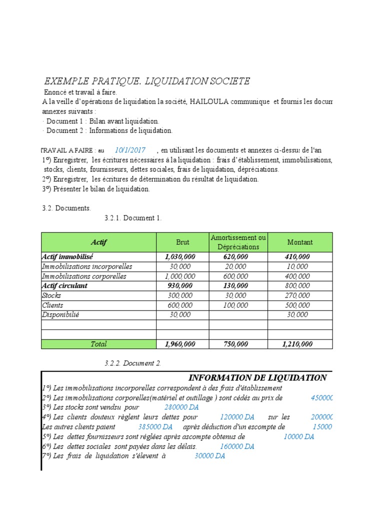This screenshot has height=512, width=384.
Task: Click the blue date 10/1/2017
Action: click(130, 150)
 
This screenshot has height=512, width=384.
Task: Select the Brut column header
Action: click(182, 242)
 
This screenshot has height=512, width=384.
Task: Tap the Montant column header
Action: click(300, 242)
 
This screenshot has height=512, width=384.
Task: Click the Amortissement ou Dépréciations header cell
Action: click(238, 242)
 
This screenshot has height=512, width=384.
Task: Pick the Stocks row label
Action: click(51, 295)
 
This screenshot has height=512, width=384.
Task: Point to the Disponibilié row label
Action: click(61, 315)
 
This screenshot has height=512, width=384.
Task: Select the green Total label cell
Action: click(98, 344)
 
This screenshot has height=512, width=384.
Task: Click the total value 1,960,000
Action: click(180, 344)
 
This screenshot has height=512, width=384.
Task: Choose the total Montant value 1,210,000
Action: click(297, 344)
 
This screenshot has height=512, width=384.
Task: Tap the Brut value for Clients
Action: click(180, 305)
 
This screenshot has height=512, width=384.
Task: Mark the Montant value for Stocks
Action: click(297, 295)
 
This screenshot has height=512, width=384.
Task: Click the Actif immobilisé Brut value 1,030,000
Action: click(180, 256)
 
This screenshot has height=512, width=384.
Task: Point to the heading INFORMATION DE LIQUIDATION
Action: click(257, 378)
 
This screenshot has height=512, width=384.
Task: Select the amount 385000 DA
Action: click(155, 427)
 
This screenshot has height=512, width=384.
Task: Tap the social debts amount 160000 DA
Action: click(237, 446)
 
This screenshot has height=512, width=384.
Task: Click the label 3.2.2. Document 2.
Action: click(133, 363)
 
